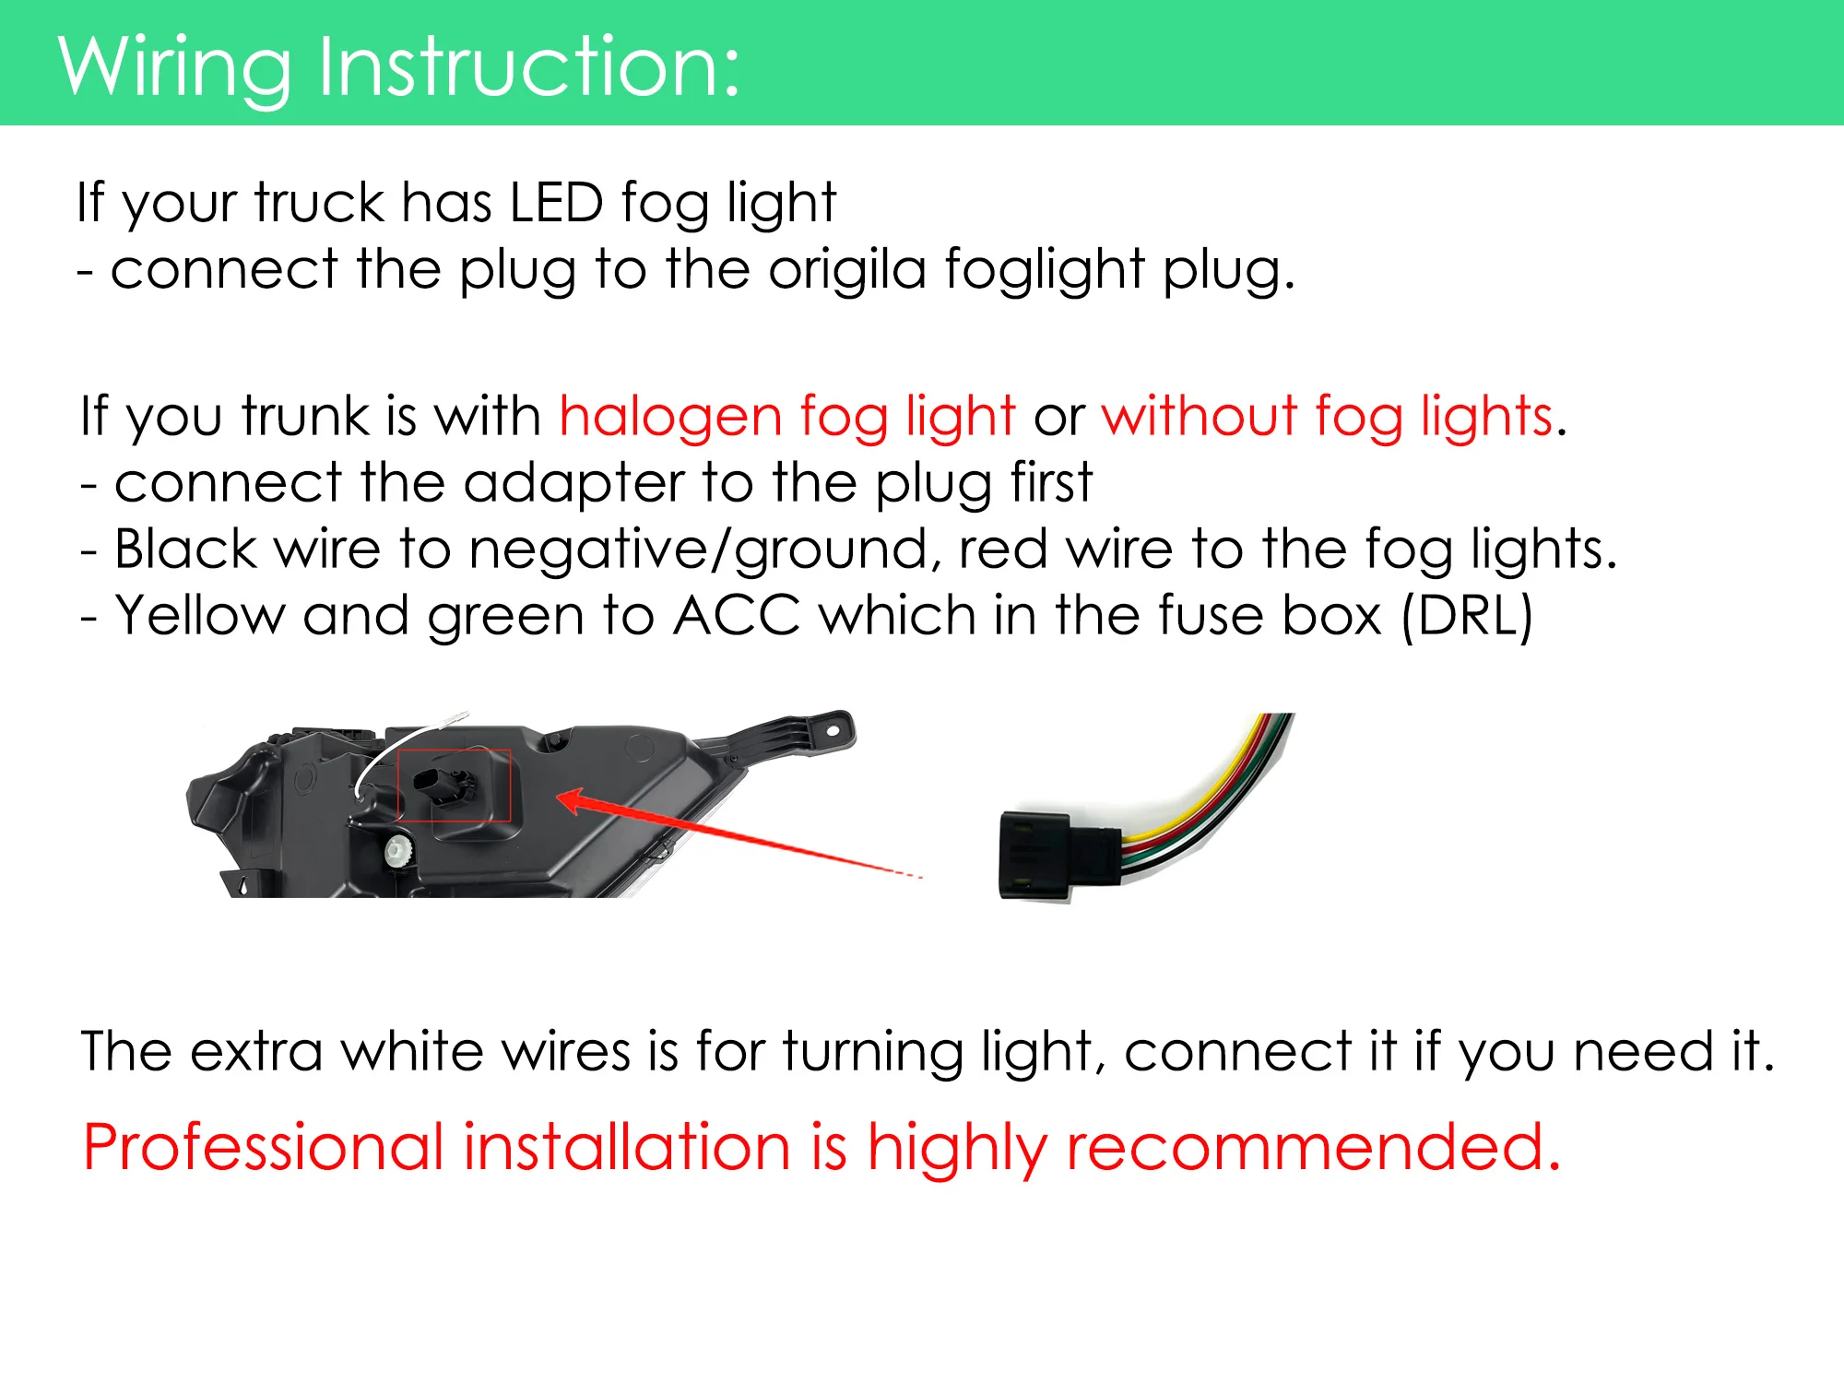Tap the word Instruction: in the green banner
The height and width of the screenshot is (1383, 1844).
tap(529, 66)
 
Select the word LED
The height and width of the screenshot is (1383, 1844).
tap(556, 203)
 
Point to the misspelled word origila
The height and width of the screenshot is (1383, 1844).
tap(847, 271)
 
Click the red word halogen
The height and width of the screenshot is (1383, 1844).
tap(670, 417)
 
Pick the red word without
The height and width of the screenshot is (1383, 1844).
tap(1200, 415)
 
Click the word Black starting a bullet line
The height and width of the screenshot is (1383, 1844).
tap(185, 550)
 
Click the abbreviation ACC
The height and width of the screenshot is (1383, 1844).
tap(738, 616)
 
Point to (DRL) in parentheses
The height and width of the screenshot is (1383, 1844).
tap(1467, 617)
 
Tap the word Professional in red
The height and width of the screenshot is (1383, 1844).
tap(264, 1148)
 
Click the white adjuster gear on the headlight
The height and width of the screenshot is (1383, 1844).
tap(397, 849)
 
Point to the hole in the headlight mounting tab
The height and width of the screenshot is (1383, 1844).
tap(833, 730)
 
